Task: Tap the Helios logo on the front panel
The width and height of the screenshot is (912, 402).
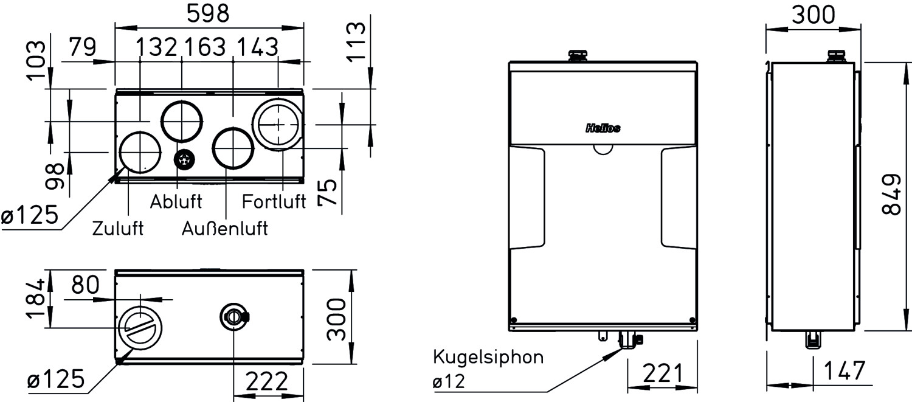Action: point(603,128)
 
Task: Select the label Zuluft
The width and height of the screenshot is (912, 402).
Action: point(118,229)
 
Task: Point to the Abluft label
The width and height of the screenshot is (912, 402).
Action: point(176,201)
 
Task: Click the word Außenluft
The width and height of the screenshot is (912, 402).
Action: point(225,229)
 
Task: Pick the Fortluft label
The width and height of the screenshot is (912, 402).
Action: point(274,201)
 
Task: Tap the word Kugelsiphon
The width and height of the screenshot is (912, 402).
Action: point(488,357)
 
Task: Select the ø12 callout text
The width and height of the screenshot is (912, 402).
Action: point(448,382)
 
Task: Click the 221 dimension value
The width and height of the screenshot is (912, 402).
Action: point(662,371)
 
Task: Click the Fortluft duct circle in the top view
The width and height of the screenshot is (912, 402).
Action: point(278,124)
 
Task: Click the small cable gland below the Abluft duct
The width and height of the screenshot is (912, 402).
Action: point(184,160)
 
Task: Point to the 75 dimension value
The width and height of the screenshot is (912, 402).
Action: point(328,193)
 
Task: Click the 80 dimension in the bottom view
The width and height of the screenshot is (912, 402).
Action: point(85,285)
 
